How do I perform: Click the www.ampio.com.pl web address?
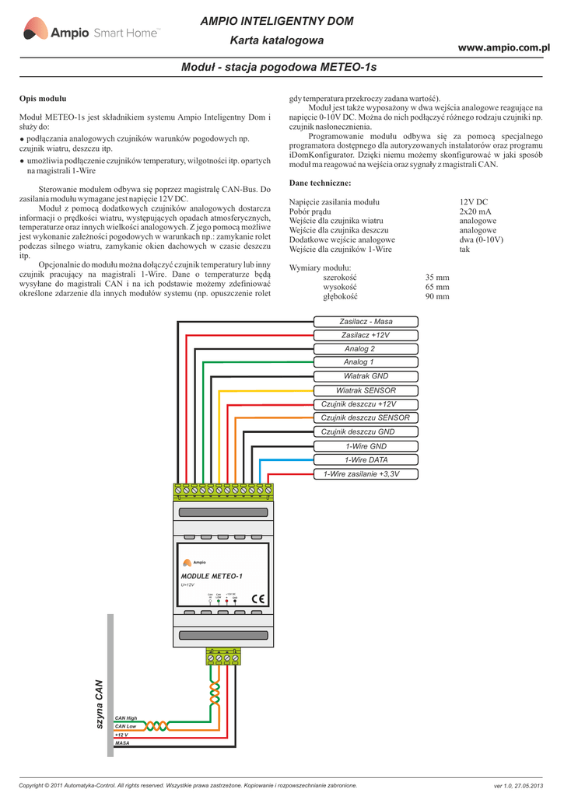click(x=503, y=48)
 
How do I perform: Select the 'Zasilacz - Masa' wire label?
click(x=366, y=322)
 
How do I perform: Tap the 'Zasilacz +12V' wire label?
click(x=366, y=335)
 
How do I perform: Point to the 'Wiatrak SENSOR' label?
click(x=366, y=390)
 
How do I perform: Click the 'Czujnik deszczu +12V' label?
click(x=359, y=404)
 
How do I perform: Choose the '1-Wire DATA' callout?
click(x=366, y=459)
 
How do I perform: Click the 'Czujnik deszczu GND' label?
click(x=359, y=431)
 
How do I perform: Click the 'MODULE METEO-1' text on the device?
click(x=212, y=575)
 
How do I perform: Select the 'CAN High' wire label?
click(x=126, y=717)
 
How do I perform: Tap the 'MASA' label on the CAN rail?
click(x=122, y=743)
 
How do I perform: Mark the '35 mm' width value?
click(x=437, y=278)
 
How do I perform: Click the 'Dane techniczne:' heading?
click(x=320, y=183)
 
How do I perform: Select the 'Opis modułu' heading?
click(x=43, y=99)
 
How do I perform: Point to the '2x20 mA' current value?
click(x=475, y=211)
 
